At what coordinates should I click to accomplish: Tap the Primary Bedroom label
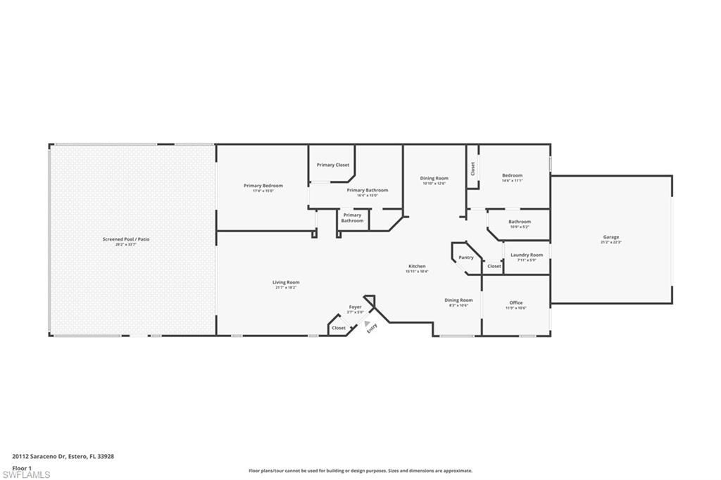click(x=263, y=186)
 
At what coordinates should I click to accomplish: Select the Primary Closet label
click(x=332, y=165)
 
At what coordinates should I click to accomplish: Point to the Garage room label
click(x=610, y=237)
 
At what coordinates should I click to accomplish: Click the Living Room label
click(x=286, y=282)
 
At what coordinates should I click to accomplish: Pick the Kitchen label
click(x=416, y=266)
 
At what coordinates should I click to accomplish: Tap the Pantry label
click(x=466, y=258)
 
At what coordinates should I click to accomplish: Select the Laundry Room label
click(x=527, y=255)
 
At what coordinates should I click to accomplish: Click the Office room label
click(x=516, y=303)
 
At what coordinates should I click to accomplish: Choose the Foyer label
click(x=356, y=308)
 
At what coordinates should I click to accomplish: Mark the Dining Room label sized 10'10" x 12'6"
click(x=434, y=178)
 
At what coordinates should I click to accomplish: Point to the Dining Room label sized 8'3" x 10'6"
click(x=458, y=301)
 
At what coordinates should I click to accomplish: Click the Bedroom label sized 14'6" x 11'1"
click(x=512, y=175)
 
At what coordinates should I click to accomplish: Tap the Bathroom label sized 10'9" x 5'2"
click(x=520, y=222)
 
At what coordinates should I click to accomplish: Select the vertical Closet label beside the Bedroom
click(x=473, y=168)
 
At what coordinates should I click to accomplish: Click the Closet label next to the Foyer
click(x=339, y=327)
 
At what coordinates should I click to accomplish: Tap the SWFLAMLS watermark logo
click(x=26, y=474)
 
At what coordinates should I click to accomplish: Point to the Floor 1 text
click(x=22, y=467)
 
